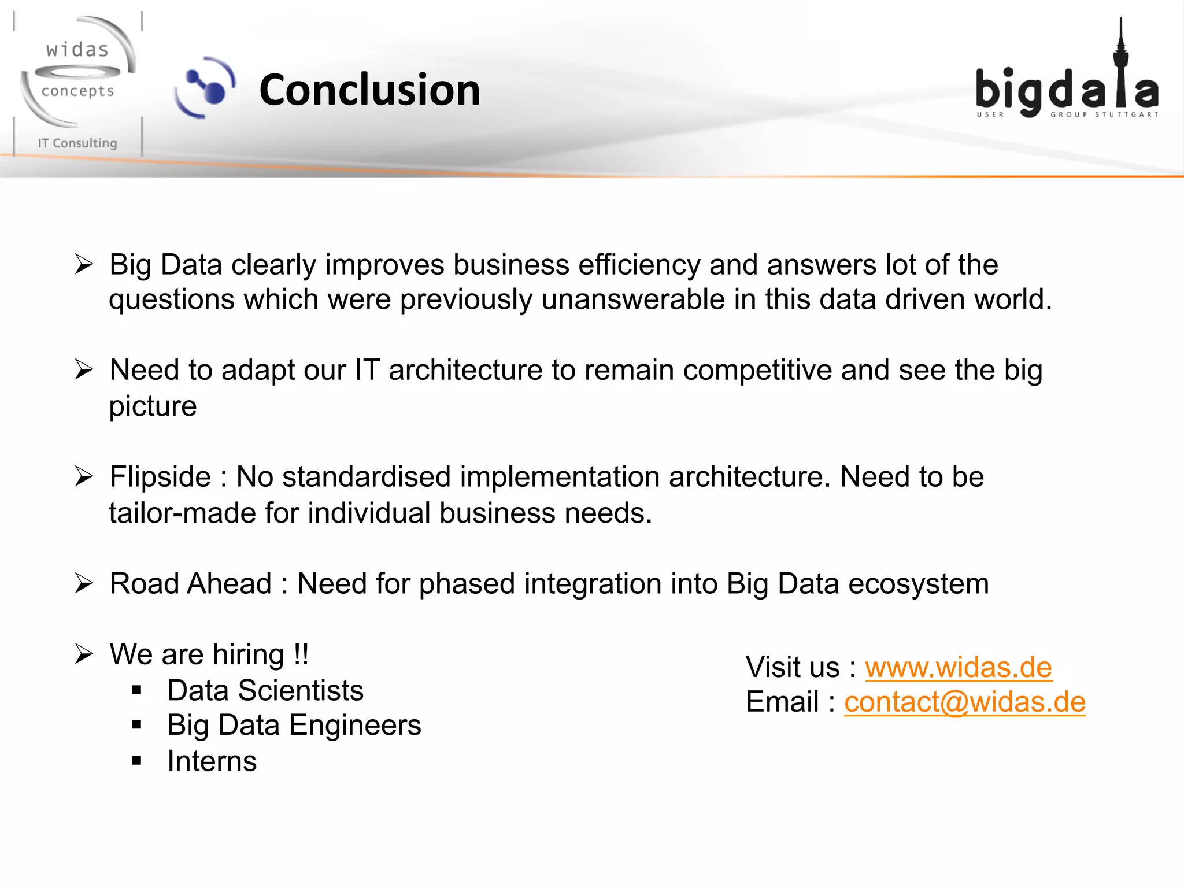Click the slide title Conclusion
click(x=370, y=90)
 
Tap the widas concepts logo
click(x=77, y=72)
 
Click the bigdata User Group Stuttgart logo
click(x=1067, y=87)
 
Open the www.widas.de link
click(x=958, y=667)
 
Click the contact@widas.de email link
click(x=964, y=702)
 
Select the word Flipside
click(x=160, y=478)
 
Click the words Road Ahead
click(x=191, y=584)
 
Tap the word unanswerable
click(x=633, y=299)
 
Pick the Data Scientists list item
click(x=265, y=690)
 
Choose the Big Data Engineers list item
click(x=294, y=725)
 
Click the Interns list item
click(x=212, y=761)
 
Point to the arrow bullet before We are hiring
click(x=84, y=654)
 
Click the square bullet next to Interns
click(x=136, y=761)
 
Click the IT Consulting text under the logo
click(x=77, y=143)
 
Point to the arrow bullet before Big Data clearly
click(x=84, y=265)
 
